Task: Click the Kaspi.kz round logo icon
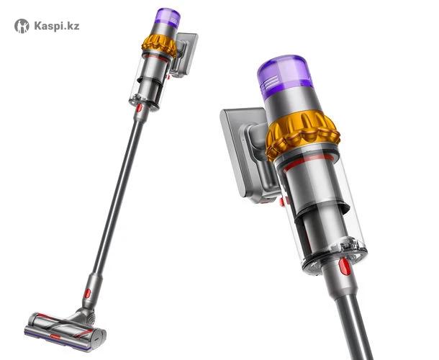tap(22, 26)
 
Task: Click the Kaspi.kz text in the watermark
tap(57, 26)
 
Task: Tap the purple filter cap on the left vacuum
tap(168, 17)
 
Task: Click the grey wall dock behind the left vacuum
tap(184, 55)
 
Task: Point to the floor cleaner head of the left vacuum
tap(65, 330)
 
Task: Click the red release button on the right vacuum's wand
tap(344, 266)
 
